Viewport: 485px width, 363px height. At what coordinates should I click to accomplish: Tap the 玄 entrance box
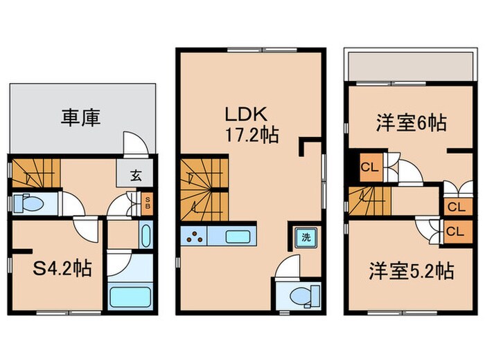[136, 176]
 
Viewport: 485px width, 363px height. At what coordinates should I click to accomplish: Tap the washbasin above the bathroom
[146, 235]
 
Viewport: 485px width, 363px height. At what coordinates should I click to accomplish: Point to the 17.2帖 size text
[250, 135]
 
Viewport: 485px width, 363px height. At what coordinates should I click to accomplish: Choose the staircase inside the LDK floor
[204, 190]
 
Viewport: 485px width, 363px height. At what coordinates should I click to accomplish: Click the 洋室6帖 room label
[410, 123]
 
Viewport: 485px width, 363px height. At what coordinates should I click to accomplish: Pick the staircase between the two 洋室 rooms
[367, 201]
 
